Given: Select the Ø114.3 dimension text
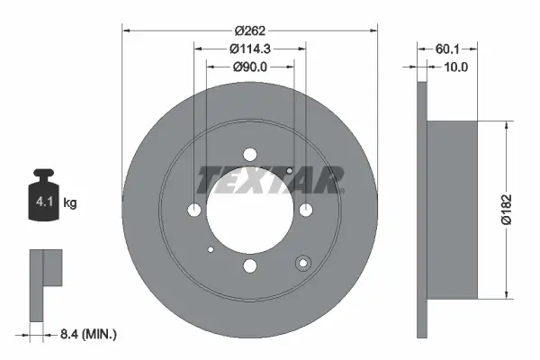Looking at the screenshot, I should tap(250, 48).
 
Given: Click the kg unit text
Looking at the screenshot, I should tap(70, 203).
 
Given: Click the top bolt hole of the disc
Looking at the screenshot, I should tap(250, 154).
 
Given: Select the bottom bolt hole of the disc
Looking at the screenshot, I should tap(250, 265).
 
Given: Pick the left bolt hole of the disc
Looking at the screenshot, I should tap(194, 210).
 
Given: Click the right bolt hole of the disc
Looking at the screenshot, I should tap(306, 210).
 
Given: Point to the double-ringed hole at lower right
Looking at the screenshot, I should tap(303, 264).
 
